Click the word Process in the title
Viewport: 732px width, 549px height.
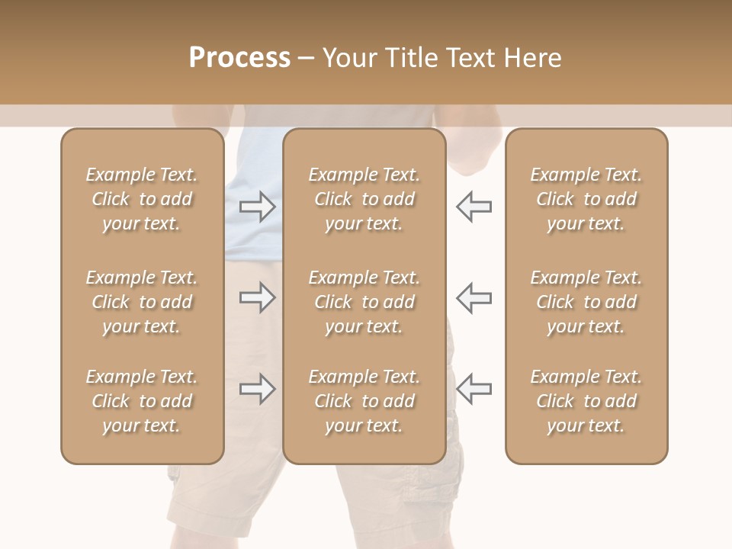pos(239,58)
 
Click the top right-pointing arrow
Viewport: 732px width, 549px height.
pos(258,207)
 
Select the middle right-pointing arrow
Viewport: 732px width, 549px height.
pos(258,297)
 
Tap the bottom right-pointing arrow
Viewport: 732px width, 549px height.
pos(258,389)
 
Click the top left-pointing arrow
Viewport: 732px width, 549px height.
pos(474,207)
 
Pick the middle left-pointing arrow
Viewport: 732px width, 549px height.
pos(474,297)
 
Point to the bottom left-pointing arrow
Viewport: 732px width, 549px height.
pos(474,389)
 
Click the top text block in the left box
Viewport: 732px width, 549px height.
pos(142,199)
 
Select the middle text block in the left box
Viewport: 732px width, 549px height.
pos(142,302)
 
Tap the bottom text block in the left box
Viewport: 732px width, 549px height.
pos(142,401)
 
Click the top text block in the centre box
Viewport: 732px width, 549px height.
pos(364,199)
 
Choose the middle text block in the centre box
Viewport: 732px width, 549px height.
pos(364,302)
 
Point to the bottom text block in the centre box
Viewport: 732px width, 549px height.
pos(364,401)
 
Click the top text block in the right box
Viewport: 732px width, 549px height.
pos(586,199)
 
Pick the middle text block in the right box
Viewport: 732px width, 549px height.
pos(586,302)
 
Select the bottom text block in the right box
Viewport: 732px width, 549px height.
pos(586,401)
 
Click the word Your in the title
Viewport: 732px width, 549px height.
pos(350,58)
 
